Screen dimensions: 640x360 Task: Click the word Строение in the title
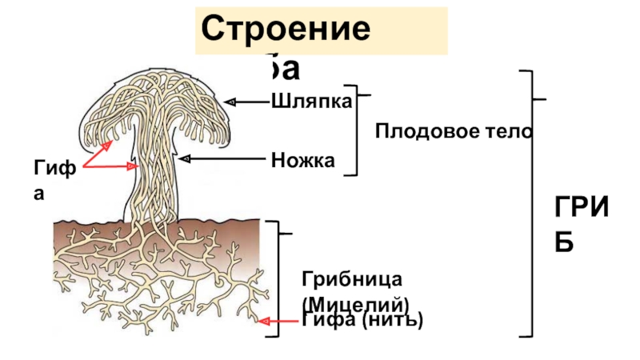click(x=286, y=31)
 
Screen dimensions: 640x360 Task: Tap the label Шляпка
click(x=312, y=102)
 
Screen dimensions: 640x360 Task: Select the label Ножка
click(x=302, y=160)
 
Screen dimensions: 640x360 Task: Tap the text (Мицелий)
click(x=355, y=304)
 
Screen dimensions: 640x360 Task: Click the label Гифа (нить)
click(x=362, y=320)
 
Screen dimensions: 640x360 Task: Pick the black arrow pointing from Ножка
click(x=224, y=158)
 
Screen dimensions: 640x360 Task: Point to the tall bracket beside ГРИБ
click(x=530, y=200)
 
